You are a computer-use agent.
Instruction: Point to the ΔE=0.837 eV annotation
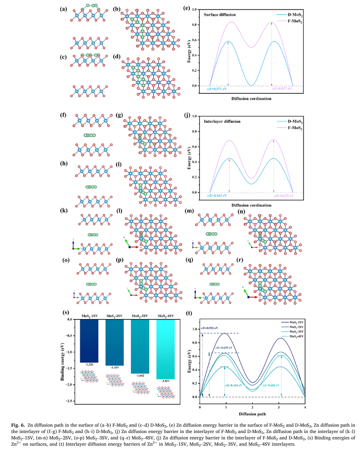(282, 89)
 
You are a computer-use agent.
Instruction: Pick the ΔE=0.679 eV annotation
(282, 196)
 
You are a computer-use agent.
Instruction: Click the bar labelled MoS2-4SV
(166, 349)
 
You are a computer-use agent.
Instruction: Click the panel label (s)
(66, 312)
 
